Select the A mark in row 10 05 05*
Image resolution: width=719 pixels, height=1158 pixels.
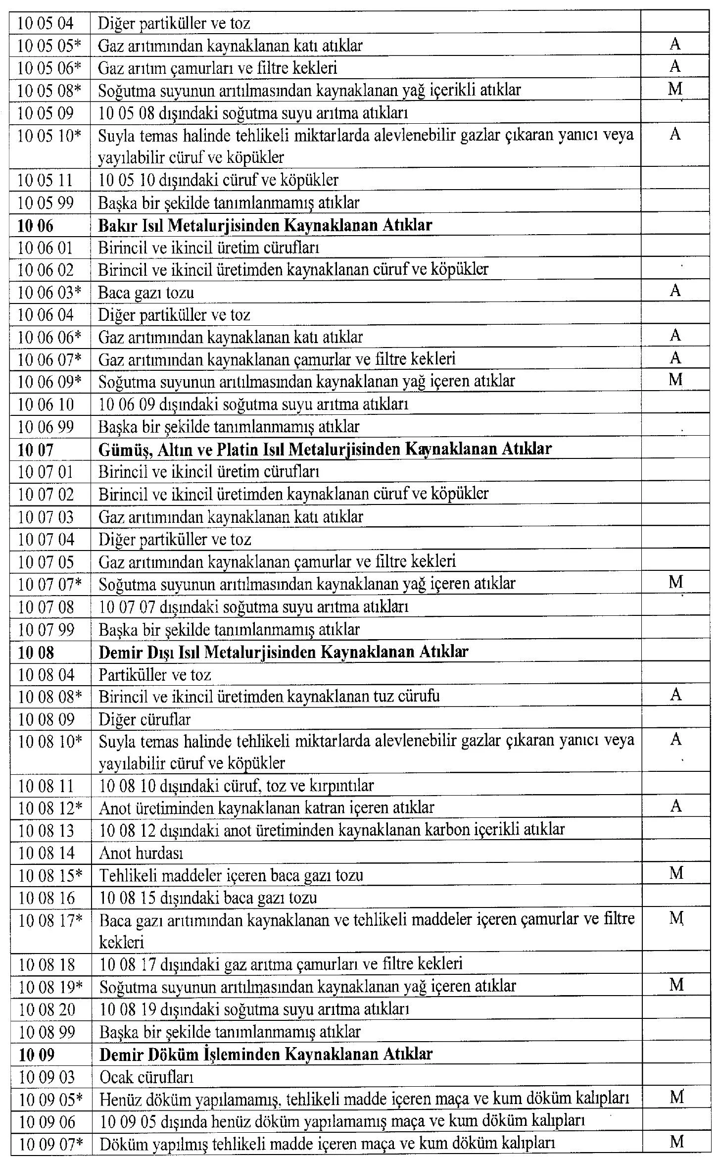pos(675,45)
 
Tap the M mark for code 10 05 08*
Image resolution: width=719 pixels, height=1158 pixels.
pos(675,89)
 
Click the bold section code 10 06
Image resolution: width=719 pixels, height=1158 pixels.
pos(35,226)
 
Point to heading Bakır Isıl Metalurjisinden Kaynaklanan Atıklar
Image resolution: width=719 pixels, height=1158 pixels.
pos(265,226)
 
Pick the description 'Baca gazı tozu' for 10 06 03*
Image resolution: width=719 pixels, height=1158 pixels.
pos(146,293)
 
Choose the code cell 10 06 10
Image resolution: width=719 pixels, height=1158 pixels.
pos(46,404)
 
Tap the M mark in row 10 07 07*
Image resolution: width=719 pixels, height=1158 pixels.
pos(675,582)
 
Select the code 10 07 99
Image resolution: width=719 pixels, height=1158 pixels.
pos(46,630)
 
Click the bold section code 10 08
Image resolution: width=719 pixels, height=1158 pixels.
pos(36,652)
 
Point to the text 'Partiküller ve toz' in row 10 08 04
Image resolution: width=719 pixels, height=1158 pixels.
pos(155,674)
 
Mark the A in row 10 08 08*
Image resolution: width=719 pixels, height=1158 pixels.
pos(676,696)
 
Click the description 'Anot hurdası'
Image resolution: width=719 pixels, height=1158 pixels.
pos(141,853)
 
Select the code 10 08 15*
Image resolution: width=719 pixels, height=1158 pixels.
pos(50,875)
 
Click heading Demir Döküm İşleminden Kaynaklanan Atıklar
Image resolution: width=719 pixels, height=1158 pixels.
pos(266,1054)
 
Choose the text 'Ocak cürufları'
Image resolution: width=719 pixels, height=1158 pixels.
pos(146,1076)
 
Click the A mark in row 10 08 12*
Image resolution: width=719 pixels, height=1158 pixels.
pos(676,807)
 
